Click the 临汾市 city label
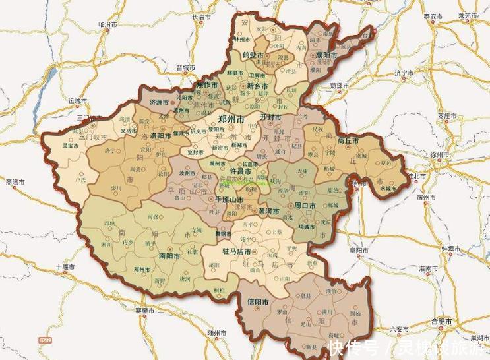(107, 24)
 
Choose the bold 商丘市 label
(347, 141)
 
